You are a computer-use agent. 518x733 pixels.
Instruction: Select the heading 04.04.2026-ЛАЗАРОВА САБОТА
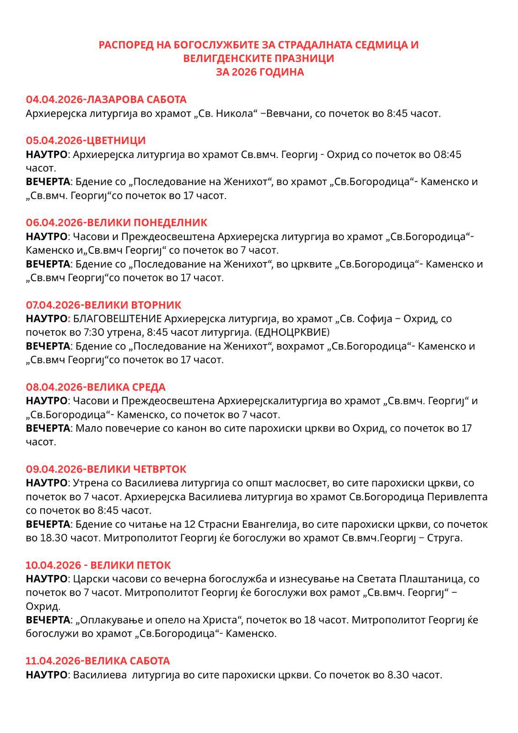click(106, 99)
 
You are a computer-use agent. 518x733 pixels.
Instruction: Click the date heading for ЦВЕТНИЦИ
click(86, 140)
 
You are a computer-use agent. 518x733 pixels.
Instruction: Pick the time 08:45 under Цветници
click(447, 154)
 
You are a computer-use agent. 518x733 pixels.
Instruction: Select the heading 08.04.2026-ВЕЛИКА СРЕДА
click(96, 387)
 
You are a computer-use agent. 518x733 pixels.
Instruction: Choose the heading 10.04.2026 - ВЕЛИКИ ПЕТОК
click(98, 565)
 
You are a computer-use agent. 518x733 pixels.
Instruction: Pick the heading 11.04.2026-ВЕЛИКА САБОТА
click(98, 661)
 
